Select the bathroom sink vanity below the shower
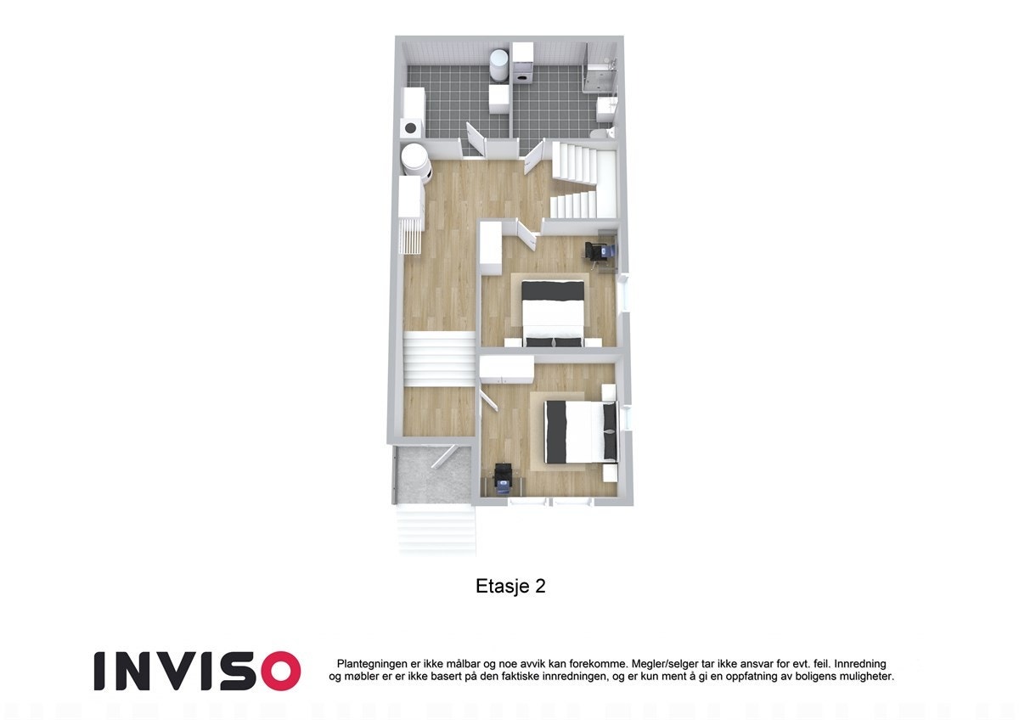pyautogui.click(x=606, y=108)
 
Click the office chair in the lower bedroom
pyautogui.click(x=503, y=477)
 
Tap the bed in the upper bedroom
pyautogui.click(x=553, y=312)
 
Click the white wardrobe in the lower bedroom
pyautogui.click(x=506, y=368)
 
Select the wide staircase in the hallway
pyautogui.click(x=438, y=360)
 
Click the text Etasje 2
pyautogui.click(x=509, y=587)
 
